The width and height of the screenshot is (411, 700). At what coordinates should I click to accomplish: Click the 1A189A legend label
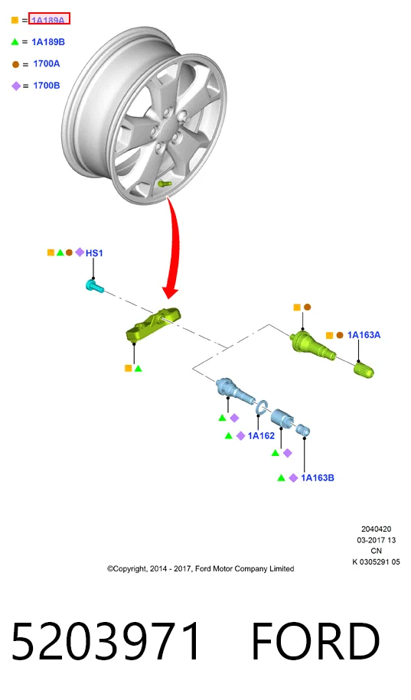[47, 20]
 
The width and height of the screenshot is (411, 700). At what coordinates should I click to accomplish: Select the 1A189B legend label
[48, 42]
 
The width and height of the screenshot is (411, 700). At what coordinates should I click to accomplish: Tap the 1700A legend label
[47, 63]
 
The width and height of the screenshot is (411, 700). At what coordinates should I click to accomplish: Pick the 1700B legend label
[47, 85]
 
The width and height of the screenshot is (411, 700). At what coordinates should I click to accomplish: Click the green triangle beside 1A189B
[15, 42]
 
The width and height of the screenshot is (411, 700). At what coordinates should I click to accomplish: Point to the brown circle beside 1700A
[15, 64]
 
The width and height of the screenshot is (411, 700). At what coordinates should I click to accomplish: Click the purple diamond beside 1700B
[16, 86]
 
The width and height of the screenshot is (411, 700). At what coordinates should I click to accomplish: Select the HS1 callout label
[94, 253]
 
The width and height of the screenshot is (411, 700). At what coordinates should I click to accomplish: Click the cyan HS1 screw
[94, 285]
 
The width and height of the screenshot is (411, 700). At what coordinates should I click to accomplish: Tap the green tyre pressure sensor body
[154, 324]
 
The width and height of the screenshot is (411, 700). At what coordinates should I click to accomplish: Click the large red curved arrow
[172, 247]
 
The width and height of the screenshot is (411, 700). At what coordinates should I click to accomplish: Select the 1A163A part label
[364, 335]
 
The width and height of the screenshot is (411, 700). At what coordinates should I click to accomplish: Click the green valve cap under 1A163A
[364, 370]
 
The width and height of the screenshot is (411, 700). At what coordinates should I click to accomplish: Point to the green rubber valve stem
[313, 344]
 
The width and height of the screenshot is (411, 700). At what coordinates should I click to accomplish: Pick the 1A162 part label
[261, 436]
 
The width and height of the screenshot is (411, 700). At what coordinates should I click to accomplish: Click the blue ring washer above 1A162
[261, 406]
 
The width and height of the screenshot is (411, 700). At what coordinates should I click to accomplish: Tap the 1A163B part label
[318, 478]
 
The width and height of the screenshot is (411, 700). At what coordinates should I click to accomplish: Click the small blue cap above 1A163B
[303, 429]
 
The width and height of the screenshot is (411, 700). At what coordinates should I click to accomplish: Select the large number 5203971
[106, 640]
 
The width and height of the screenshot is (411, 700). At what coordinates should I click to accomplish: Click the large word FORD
[315, 641]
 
